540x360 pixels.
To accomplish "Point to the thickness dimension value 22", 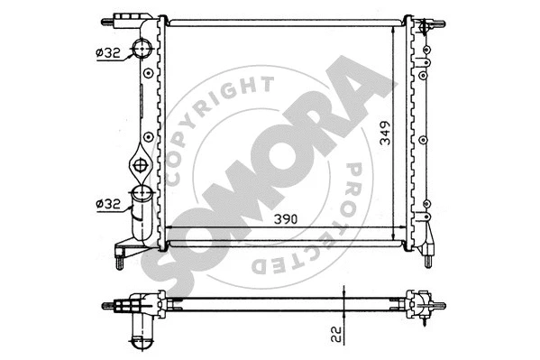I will (335, 333).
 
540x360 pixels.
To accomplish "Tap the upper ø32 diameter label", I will (107, 53).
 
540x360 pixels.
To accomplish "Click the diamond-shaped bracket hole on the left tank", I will (142, 165).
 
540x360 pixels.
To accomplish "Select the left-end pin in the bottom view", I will (113, 304).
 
